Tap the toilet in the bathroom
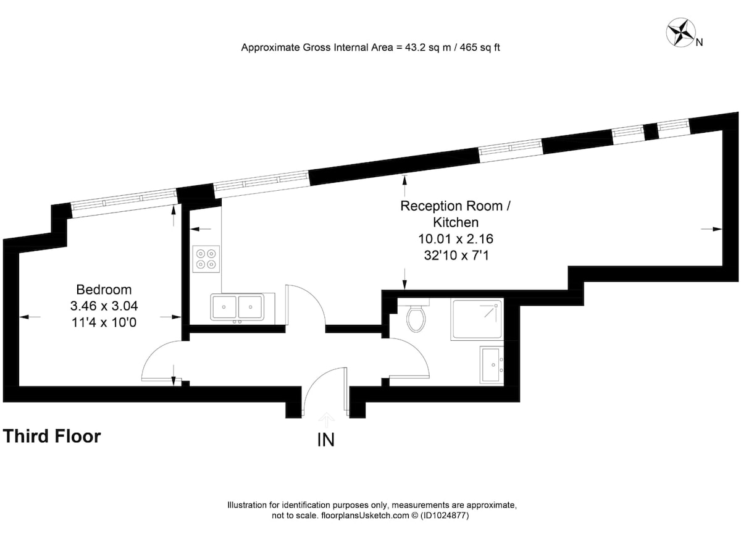pyautogui.click(x=416, y=316)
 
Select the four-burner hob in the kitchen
pyautogui.click(x=206, y=259)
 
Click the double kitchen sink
pyautogui.click(x=237, y=307)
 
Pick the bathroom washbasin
pyautogui.click(x=492, y=366)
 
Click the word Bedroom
pyautogui.click(x=104, y=290)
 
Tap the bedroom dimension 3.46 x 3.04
pyautogui.click(x=104, y=306)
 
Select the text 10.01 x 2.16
pyautogui.click(x=456, y=239)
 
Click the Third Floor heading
pyautogui.click(x=52, y=436)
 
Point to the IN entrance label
pyautogui.click(x=326, y=440)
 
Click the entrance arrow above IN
pyautogui.click(x=327, y=420)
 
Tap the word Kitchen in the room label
pyautogui.click(x=456, y=222)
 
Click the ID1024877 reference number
pyautogui.click(x=445, y=515)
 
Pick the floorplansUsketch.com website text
pyautogui.click(x=365, y=515)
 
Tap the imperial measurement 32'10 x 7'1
pyautogui.click(x=456, y=256)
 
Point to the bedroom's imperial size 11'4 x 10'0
pyautogui.click(x=104, y=322)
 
